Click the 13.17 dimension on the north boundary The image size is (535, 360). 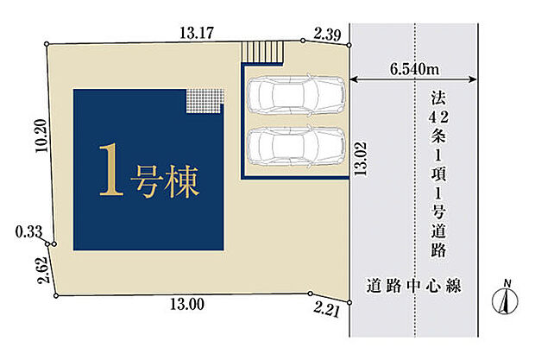tap(197, 33)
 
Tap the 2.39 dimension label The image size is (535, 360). tap(327, 35)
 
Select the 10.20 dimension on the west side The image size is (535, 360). tap(41, 136)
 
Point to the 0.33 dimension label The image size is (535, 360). tap(28, 232)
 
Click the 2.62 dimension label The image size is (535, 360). tap(44, 270)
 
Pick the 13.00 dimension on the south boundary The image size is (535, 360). tap(187, 304)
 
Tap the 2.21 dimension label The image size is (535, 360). tap(327, 311)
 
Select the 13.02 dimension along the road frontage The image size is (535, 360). tap(361, 159)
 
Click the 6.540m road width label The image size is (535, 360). tap(414, 69)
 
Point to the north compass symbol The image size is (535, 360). tap(505, 298)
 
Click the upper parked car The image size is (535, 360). tap(296, 94)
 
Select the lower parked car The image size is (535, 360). tap(296, 146)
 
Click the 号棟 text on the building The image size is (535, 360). tap(164, 181)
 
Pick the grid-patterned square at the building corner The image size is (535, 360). tap(205, 101)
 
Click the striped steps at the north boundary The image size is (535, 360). tap(262, 52)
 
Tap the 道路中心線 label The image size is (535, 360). tap(414, 286)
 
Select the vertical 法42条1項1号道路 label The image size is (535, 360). tap(438, 174)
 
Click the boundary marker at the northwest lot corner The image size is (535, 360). tap(47, 44)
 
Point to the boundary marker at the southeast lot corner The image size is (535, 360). tap(349, 302)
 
